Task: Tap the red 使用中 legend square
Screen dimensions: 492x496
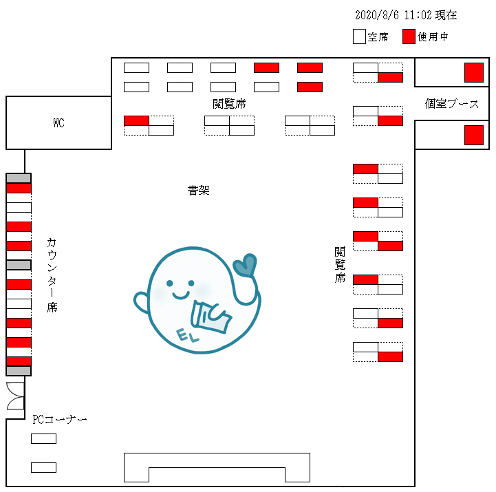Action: (409, 37)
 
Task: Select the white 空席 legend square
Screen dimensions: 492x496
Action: (358, 37)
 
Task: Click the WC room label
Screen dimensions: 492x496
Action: (59, 124)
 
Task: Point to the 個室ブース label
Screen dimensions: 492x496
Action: (452, 104)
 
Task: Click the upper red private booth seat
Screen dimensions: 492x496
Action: (473, 72)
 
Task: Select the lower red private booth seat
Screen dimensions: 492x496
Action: (473, 135)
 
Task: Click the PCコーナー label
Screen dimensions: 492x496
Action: (60, 419)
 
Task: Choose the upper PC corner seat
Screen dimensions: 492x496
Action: (43, 438)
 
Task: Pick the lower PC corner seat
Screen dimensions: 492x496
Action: (43, 467)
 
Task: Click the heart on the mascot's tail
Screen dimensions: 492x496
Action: (245, 266)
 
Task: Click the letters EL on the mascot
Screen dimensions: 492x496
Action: (187, 336)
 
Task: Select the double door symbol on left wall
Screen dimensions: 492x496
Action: (15, 396)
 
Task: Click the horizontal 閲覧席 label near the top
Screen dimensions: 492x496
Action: (229, 104)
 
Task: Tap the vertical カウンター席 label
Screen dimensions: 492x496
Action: (52, 275)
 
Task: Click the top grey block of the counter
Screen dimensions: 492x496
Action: (19, 178)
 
